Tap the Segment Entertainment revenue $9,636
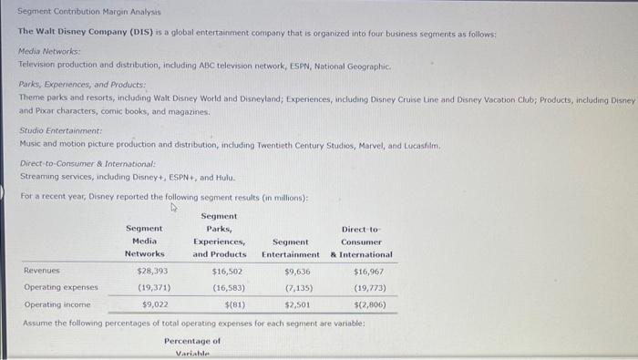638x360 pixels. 297,271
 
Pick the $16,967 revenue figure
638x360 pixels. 368,271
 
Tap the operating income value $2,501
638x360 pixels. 300,304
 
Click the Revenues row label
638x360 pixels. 41,271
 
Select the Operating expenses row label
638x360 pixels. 60,287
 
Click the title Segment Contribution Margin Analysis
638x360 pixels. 89,13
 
